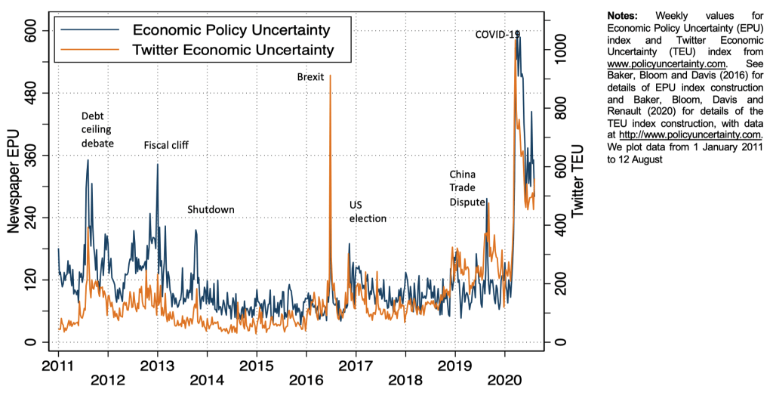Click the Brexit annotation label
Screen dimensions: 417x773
310,76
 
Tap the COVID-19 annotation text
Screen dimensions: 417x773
497,35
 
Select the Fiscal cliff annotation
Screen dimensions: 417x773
166,145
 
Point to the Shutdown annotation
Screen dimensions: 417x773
211,209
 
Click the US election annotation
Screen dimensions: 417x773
367,212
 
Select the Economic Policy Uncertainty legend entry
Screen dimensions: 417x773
231,30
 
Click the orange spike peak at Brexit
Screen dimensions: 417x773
330,76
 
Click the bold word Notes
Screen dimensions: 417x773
623,14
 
